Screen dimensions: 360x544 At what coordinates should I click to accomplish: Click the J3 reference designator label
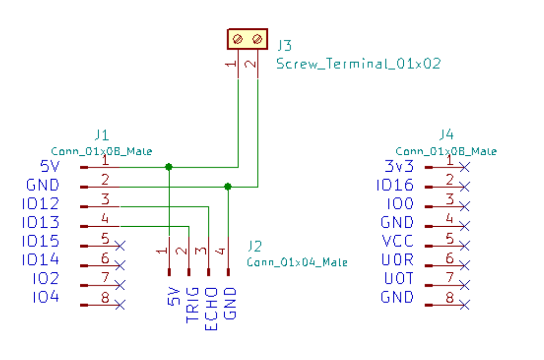tap(285, 44)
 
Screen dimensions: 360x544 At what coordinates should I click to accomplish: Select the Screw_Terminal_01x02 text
tap(359, 64)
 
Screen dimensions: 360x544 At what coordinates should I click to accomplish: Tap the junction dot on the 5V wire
tap(169, 167)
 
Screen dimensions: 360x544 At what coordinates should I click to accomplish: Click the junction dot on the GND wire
tap(227, 186)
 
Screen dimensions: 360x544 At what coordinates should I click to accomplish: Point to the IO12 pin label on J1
tap(41, 204)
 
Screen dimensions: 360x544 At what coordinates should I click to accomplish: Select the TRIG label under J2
tap(192, 304)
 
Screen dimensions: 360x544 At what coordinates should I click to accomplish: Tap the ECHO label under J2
tap(211, 309)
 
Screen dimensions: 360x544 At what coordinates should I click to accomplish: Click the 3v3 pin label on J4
tap(399, 167)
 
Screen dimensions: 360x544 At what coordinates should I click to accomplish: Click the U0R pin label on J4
tap(399, 260)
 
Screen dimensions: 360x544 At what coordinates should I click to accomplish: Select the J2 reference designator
tap(256, 246)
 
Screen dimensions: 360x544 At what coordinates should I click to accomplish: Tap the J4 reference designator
tap(446, 134)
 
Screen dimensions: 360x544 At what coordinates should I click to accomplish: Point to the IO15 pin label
tap(41, 242)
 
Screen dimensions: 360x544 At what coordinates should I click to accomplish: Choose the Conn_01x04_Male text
tap(297, 262)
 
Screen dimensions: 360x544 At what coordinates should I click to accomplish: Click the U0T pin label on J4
tap(399, 279)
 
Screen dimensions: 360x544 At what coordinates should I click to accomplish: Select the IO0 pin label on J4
tap(400, 204)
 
